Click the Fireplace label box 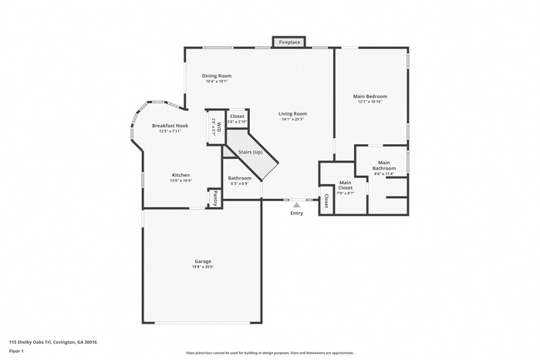click(x=289, y=42)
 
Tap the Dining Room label click(x=217, y=76)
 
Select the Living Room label click(x=293, y=113)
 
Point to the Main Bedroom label click(x=370, y=96)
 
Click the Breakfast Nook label click(x=170, y=125)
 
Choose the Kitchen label click(x=181, y=175)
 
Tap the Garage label click(x=203, y=261)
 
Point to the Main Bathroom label click(x=383, y=165)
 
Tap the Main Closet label click(x=346, y=185)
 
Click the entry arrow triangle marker click(x=296, y=205)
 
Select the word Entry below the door click(x=296, y=214)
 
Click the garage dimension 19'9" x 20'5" click(x=203, y=267)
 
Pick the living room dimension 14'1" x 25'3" click(x=293, y=119)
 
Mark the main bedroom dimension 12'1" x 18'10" click(x=370, y=103)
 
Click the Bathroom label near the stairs click(x=239, y=178)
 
